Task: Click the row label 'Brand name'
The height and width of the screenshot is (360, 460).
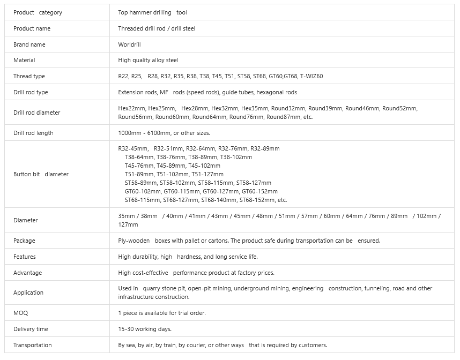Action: tap(29, 44)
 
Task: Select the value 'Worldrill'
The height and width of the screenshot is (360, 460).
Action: tap(130, 44)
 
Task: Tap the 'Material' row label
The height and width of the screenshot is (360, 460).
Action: tap(24, 61)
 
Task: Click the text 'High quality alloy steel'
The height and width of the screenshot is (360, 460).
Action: tap(148, 61)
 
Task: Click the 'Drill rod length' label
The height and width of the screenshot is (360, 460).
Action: tap(33, 133)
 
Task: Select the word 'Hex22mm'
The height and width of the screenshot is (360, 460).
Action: tap(132, 108)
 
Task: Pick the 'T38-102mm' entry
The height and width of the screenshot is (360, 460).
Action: tap(236, 157)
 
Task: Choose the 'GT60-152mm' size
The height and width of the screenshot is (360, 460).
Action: tap(259, 191)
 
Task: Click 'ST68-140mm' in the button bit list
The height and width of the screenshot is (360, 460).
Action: tap(219, 200)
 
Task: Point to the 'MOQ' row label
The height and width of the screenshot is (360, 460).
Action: tap(20, 313)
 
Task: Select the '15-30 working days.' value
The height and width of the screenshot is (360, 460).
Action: tap(145, 329)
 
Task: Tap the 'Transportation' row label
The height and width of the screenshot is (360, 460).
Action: tap(32, 345)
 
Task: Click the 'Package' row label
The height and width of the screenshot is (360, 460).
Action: tap(24, 241)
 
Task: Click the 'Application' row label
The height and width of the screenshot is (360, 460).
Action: tap(28, 292)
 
